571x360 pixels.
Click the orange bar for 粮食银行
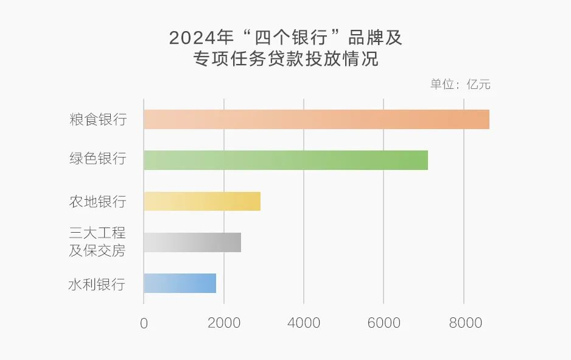click(316, 119)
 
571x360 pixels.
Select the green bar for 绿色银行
click(285, 160)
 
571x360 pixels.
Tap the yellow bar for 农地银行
click(202, 201)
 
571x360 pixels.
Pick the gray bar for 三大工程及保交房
click(192, 242)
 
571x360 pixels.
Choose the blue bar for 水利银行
click(180, 283)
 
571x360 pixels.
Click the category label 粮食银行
click(97, 119)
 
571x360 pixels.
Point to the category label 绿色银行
click(97, 160)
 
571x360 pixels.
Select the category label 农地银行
click(97, 202)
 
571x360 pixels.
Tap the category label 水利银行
click(97, 284)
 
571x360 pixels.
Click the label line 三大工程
click(97, 233)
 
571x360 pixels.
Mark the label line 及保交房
click(97, 250)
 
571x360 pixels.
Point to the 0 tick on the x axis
click(144, 323)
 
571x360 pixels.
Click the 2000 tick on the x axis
click(224, 323)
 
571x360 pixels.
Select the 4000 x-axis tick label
click(304, 323)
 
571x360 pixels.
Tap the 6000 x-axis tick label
click(384, 323)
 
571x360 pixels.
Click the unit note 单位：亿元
click(460, 85)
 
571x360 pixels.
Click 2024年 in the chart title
click(201, 38)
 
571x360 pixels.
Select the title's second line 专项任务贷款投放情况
click(285, 59)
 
